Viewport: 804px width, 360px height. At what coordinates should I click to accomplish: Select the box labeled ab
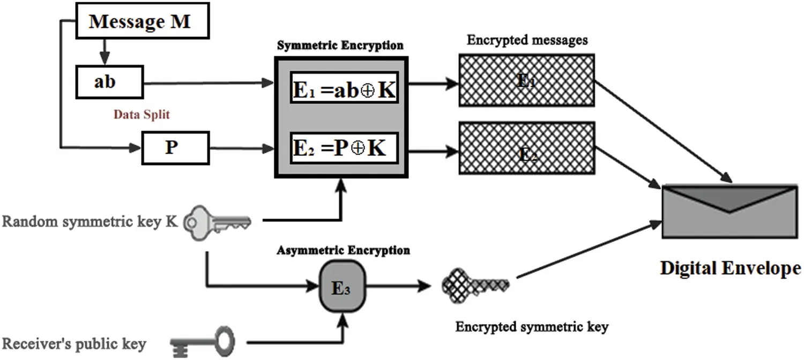[105, 82]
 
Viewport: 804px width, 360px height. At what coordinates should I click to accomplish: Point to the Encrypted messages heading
[527, 40]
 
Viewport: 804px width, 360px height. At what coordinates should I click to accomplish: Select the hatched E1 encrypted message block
[526, 80]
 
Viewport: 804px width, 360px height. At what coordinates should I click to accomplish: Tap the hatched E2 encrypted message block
[526, 148]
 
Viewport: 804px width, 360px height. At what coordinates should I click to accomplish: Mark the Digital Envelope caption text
[731, 267]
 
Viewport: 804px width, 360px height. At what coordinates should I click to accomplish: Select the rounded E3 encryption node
[341, 287]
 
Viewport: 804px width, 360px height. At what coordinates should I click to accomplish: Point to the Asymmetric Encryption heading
[343, 250]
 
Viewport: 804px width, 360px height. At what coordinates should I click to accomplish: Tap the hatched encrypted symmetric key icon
[474, 284]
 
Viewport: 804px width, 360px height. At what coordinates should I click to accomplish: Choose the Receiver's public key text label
[74, 343]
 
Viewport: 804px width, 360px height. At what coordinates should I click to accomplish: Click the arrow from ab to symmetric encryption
[209, 83]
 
